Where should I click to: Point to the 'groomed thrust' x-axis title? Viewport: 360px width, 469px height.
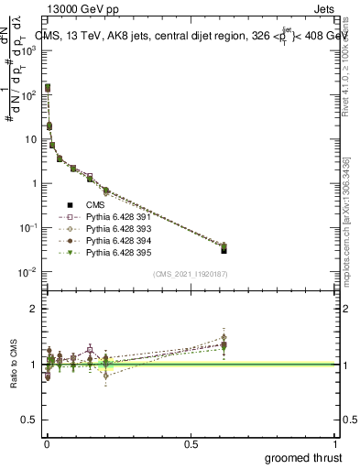[304, 456]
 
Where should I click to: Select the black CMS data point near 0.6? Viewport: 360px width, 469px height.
[224, 249]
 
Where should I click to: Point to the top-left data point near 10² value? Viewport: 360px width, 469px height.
[48, 88]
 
